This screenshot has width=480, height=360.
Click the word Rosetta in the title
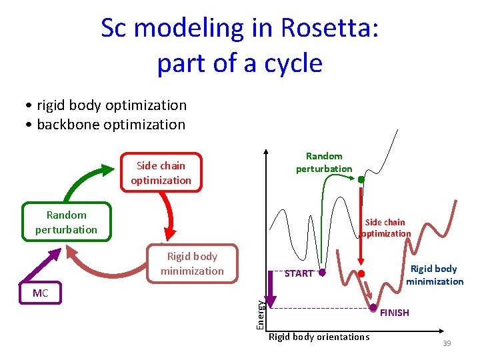pyautogui.click(x=329, y=28)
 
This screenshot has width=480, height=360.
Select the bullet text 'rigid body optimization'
pyautogui.click(x=111, y=105)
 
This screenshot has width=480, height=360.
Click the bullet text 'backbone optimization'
pyautogui.click(x=111, y=125)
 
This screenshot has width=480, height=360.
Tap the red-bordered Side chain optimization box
pyautogui.click(x=161, y=173)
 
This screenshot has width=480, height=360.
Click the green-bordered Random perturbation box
pyautogui.click(x=66, y=222)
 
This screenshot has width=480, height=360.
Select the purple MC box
pyautogui.click(x=41, y=293)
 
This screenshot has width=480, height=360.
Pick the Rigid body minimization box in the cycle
pyautogui.click(x=192, y=263)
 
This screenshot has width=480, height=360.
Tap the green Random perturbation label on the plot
pyautogui.click(x=324, y=163)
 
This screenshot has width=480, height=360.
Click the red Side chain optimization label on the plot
pyautogui.click(x=385, y=228)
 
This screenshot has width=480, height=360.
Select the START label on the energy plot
pyautogui.click(x=298, y=273)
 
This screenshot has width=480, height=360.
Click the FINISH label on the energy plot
pyautogui.click(x=394, y=313)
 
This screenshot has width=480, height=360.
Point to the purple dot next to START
pyautogui.click(x=321, y=273)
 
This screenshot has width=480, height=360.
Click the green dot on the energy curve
pyautogui.click(x=361, y=179)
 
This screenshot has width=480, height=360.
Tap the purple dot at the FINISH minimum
pyautogui.click(x=373, y=307)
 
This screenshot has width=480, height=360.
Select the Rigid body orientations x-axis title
pyautogui.click(x=318, y=337)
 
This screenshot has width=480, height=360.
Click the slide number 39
pyautogui.click(x=447, y=343)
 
